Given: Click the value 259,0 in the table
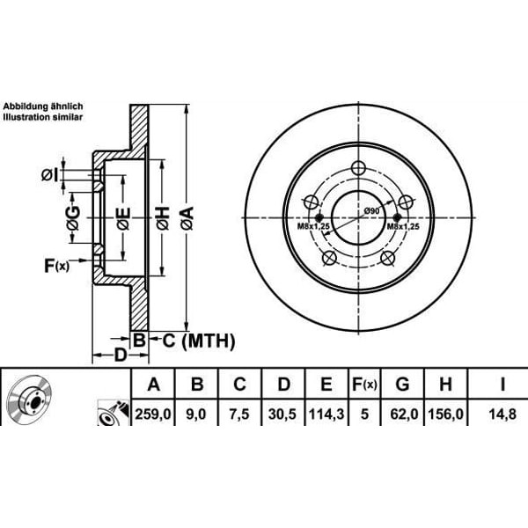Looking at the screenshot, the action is click(x=153, y=414).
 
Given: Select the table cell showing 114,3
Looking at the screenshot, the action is click(x=326, y=414).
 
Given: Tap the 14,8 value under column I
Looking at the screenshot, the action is click(x=502, y=414).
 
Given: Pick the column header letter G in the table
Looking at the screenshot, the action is click(x=402, y=385).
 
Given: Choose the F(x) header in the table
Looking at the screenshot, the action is click(x=364, y=385).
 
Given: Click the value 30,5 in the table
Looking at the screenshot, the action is click(x=282, y=414).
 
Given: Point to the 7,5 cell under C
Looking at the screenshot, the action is click(x=239, y=414).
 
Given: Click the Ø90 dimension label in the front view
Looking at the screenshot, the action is click(x=371, y=211).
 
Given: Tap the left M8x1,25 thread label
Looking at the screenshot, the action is click(x=313, y=226).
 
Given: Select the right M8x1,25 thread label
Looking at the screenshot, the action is click(x=403, y=226).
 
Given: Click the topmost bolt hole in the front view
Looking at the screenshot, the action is click(x=358, y=168).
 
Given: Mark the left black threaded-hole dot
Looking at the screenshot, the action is click(x=319, y=216).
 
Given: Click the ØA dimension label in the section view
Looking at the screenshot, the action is click(x=187, y=218).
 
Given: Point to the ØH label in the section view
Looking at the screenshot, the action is click(x=163, y=218).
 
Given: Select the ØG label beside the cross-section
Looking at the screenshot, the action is click(x=73, y=218).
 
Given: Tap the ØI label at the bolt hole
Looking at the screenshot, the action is click(x=50, y=175).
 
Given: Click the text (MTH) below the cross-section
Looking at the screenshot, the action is click(x=208, y=341).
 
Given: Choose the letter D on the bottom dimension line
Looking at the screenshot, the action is click(x=121, y=356).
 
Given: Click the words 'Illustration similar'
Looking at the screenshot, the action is click(x=43, y=117).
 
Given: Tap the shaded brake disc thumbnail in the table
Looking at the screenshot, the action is click(x=29, y=396).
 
